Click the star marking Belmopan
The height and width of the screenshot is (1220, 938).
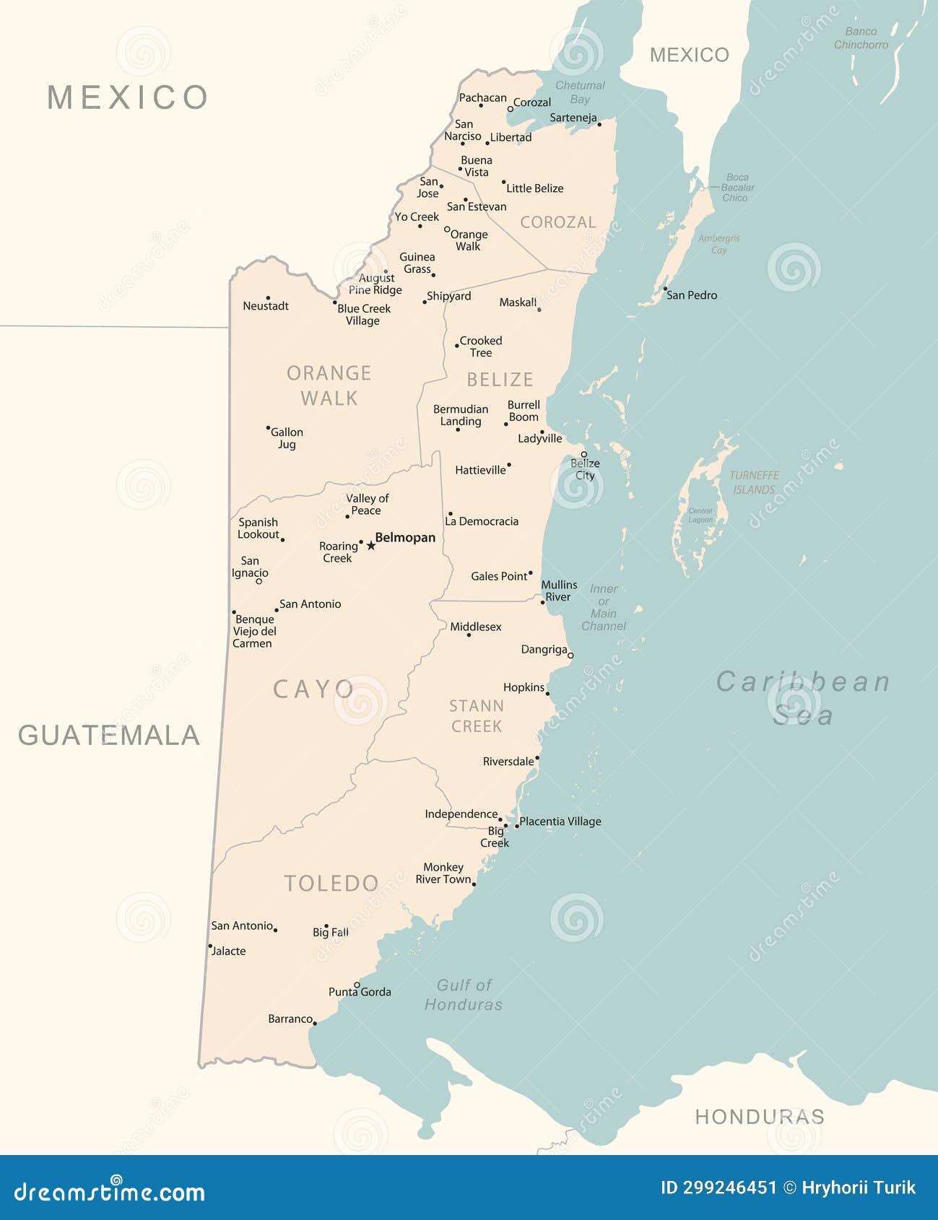[x=370, y=546]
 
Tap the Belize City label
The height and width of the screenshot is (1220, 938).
[x=585, y=469]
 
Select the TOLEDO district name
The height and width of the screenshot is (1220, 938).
[x=331, y=884]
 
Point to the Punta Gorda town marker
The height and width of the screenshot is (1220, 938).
[x=357, y=985]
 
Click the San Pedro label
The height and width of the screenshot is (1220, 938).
[x=691, y=295]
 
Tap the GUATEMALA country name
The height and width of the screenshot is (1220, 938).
[x=108, y=736]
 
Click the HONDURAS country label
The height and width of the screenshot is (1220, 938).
[x=759, y=1117]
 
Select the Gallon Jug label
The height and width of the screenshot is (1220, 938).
[x=287, y=438]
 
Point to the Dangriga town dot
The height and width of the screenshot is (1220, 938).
[x=570, y=655]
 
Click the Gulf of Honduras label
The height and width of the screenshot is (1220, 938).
[x=464, y=995]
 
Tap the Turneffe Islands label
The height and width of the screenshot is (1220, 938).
[x=754, y=482]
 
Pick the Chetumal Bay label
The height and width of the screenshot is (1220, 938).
[x=580, y=92]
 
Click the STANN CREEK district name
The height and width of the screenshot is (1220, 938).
[x=476, y=716]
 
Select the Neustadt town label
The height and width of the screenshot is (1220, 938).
[x=265, y=306]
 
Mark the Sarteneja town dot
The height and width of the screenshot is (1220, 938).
[x=599, y=124]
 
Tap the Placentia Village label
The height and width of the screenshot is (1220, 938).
[x=560, y=822]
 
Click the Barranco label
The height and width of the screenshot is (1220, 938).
[x=290, y=1019]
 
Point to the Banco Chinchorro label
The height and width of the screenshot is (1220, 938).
[x=861, y=38]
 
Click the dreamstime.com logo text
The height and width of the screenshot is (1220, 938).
[x=109, y=1192]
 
